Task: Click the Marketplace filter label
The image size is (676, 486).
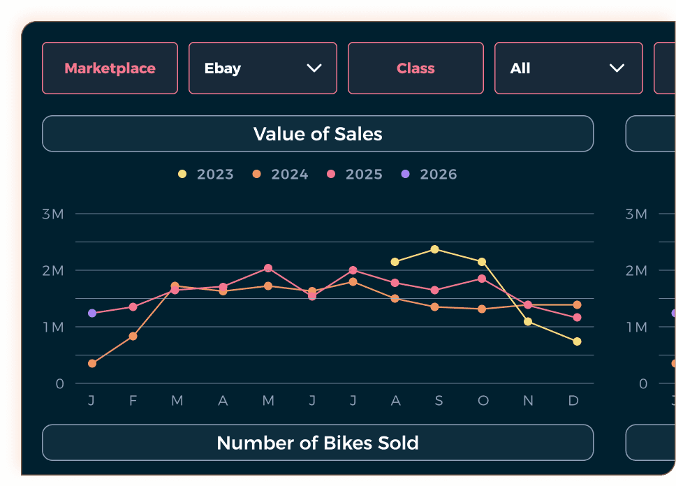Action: click(x=110, y=68)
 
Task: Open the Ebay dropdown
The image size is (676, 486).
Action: click(x=263, y=68)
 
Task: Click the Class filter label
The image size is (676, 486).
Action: click(x=416, y=68)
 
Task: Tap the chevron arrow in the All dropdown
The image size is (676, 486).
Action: click(x=616, y=68)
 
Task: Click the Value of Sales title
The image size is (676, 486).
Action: click(x=318, y=134)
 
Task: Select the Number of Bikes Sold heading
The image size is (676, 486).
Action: click(x=318, y=443)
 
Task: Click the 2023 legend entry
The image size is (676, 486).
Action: click(x=207, y=175)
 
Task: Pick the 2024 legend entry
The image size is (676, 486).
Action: click(x=281, y=175)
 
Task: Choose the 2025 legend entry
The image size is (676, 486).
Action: click(x=355, y=175)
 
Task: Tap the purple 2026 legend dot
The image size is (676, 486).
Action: click(x=406, y=175)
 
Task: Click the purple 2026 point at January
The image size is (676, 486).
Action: click(x=92, y=314)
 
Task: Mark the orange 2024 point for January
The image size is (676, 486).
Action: click(x=92, y=364)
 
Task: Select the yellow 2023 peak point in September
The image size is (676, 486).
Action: click(x=435, y=249)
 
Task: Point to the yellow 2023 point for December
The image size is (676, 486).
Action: click(x=577, y=341)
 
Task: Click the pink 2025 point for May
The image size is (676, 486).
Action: click(x=268, y=268)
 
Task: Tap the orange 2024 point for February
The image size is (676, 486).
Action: click(x=133, y=337)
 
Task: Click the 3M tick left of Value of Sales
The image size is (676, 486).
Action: click(x=52, y=214)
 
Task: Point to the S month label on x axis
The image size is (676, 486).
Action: click(x=439, y=401)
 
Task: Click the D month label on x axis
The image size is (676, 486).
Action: click(x=573, y=401)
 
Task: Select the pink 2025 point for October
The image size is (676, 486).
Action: click(x=482, y=279)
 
